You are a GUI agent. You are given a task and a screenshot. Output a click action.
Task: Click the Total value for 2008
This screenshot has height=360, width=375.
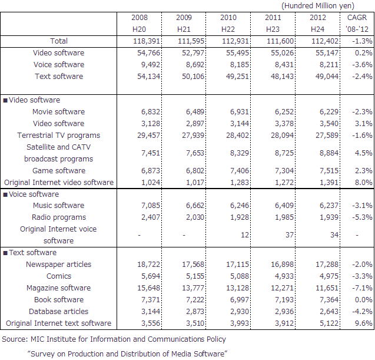pyautogui.click(x=147, y=41)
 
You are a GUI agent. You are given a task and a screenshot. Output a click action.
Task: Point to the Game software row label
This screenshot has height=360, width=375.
pyautogui.click(x=59, y=171)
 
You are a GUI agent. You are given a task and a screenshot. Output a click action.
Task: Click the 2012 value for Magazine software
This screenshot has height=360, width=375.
pyautogui.click(x=327, y=288)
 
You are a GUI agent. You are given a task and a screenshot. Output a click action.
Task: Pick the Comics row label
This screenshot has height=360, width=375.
pyautogui.click(x=59, y=276)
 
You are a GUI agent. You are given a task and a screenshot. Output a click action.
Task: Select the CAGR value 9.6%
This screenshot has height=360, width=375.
pyautogui.click(x=364, y=323)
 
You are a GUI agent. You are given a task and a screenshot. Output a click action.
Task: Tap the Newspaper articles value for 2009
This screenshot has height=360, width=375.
pyautogui.click(x=193, y=264)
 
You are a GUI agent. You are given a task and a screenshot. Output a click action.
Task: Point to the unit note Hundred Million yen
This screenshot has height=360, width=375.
pyautogui.click(x=318, y=5)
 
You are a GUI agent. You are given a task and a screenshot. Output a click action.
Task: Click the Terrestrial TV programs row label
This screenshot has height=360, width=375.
pyautogui.click(x=59, y=136)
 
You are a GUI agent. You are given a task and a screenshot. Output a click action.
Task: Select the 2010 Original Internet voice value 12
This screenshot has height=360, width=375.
pyautogui.click(x=245, y=235)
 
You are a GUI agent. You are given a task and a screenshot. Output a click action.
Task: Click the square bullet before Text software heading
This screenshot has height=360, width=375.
pyautogui.click(x=5, y=253)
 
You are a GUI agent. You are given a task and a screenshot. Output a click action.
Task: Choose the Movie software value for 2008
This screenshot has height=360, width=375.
pyautogui.click(x=151, y=112)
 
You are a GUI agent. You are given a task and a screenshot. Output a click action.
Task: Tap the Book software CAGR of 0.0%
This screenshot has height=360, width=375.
pyautogui.click(x=364, y=300)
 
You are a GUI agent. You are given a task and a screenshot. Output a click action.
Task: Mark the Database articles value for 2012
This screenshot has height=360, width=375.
pyautogui.click(x=329, y=312)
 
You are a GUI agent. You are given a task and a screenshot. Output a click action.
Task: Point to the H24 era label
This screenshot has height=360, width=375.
pyautogui.click(x=317, y=29)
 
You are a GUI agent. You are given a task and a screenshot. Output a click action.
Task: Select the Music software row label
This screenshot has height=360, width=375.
pyautogui.click(x=59, y=206)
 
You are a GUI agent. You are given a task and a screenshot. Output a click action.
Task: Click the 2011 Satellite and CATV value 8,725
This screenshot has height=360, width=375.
pyautogui.click(x=284, y=153)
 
